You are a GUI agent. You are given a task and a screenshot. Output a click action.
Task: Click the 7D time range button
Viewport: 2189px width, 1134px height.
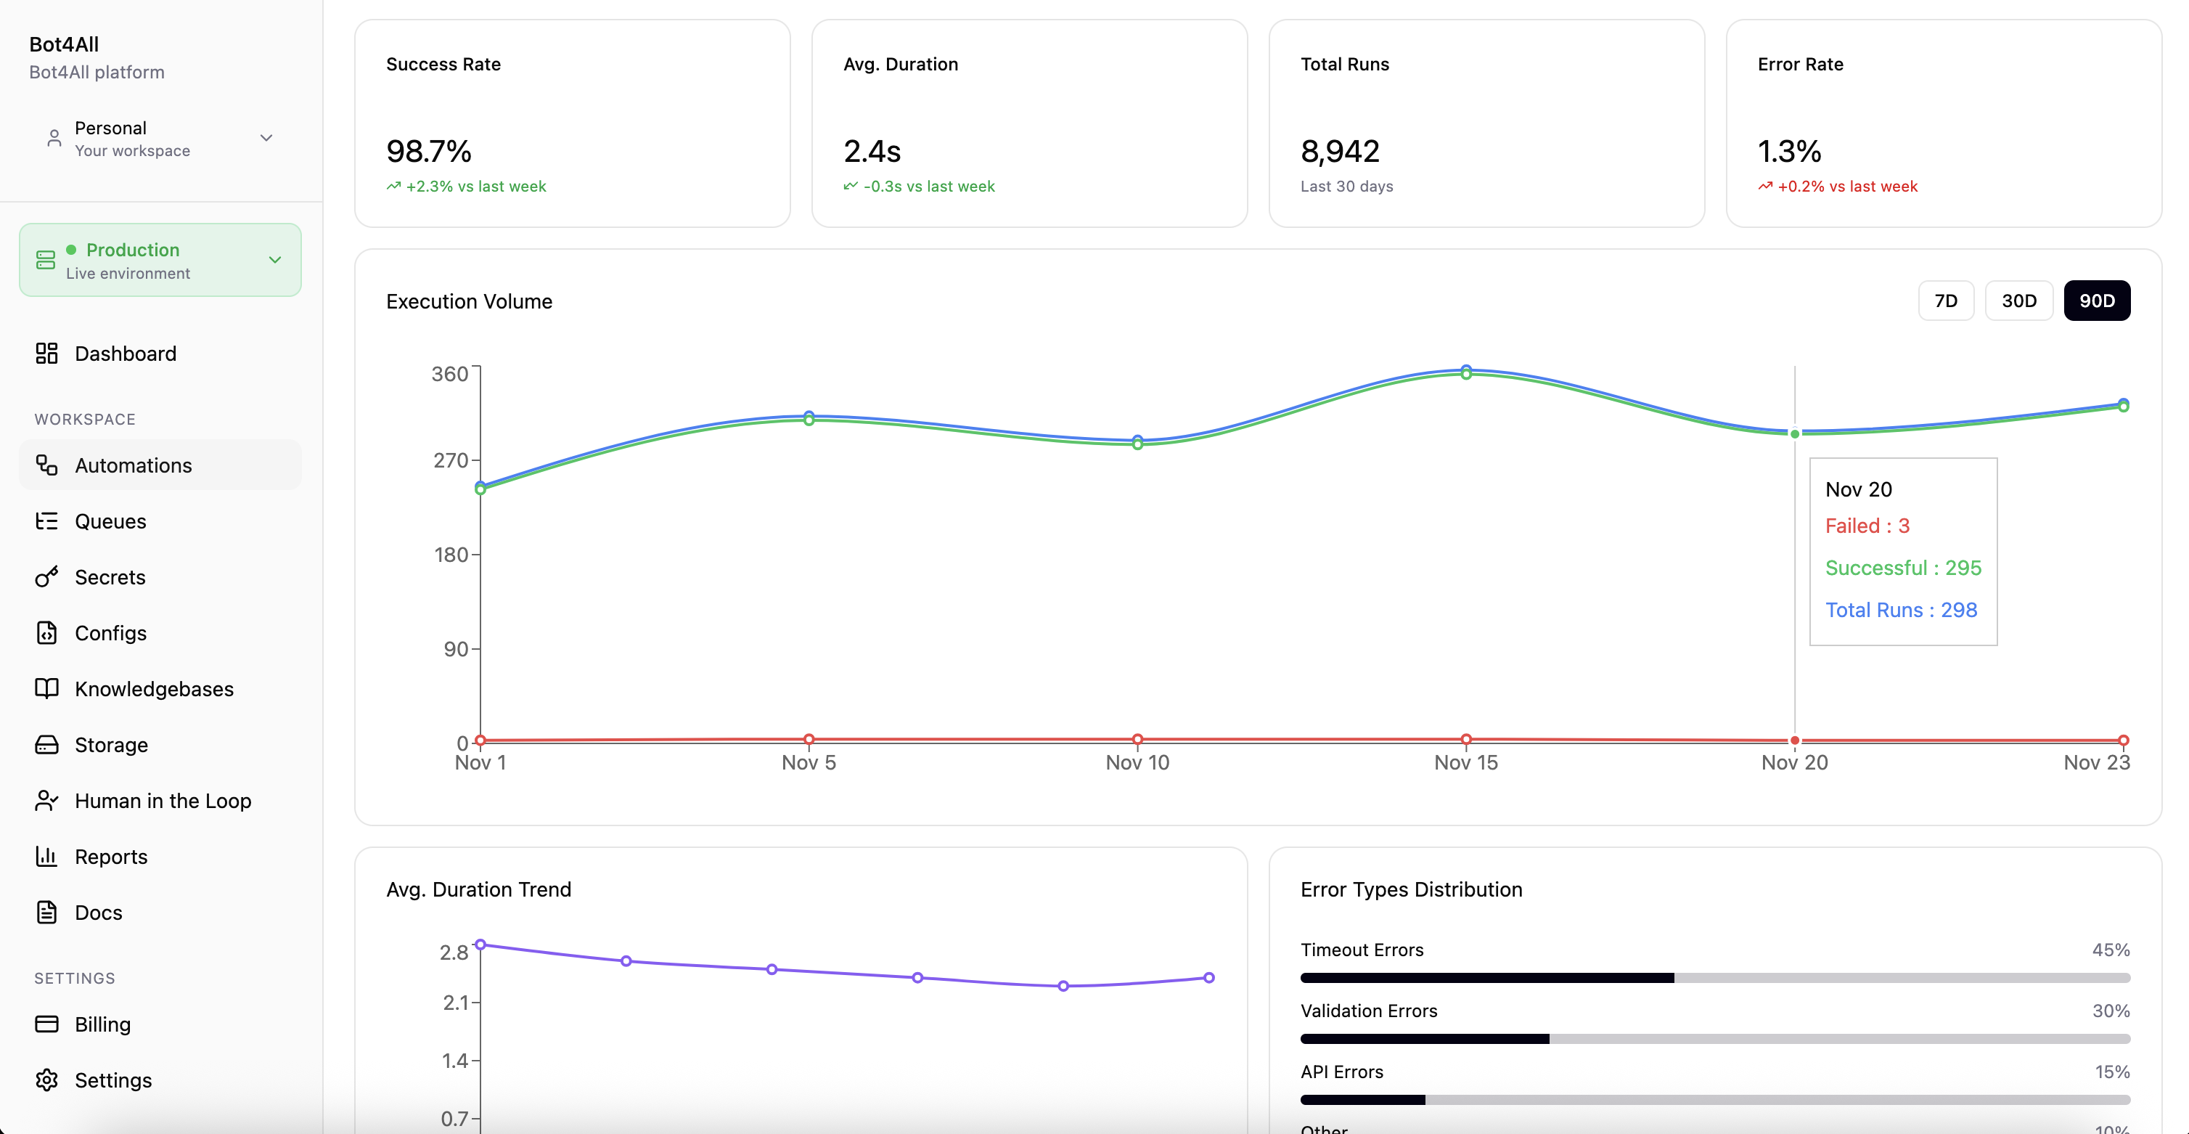point(1945,301)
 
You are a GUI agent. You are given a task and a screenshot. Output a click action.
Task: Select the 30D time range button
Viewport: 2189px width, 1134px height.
point(2018,301)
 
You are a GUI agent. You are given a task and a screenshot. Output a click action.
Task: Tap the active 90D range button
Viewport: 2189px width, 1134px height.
point(2096,301)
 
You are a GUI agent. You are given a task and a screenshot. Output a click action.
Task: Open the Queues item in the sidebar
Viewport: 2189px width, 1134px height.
point(110,521)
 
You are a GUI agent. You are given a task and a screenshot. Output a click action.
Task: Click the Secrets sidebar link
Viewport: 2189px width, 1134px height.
point(110,577)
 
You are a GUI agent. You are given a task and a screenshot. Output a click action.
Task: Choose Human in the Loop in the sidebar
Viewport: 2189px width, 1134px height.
point(163,801)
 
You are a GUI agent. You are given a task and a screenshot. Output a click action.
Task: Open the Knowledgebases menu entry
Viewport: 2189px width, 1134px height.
point(154,688)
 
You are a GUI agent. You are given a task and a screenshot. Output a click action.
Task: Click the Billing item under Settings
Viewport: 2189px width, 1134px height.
point(102,1024)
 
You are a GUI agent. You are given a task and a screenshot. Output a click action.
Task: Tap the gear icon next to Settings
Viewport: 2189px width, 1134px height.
point(46,1080)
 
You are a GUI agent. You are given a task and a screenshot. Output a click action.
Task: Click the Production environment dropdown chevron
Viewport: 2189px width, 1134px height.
point(274,260)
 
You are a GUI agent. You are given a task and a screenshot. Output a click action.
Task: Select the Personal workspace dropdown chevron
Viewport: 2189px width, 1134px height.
point(266,138)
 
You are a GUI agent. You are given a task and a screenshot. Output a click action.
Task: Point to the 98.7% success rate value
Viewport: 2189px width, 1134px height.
point(428,151)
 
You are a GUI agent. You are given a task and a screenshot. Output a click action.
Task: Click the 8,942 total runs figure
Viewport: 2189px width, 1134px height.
point(1339,151)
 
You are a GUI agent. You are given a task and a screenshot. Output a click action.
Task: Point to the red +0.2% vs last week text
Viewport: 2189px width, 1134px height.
point(1846,186)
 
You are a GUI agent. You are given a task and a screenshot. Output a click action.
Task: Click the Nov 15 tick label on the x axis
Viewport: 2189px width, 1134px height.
point(1465,762)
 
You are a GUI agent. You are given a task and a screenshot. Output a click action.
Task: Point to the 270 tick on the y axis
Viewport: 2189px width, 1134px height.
point(451,461)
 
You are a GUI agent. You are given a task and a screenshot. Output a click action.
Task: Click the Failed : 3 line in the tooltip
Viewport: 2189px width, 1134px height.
point(1867,526)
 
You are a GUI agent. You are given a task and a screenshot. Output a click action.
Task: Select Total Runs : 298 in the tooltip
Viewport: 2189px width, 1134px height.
point(1901,611)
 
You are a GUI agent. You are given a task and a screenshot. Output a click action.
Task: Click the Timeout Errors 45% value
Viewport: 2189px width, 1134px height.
point(2110,950)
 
